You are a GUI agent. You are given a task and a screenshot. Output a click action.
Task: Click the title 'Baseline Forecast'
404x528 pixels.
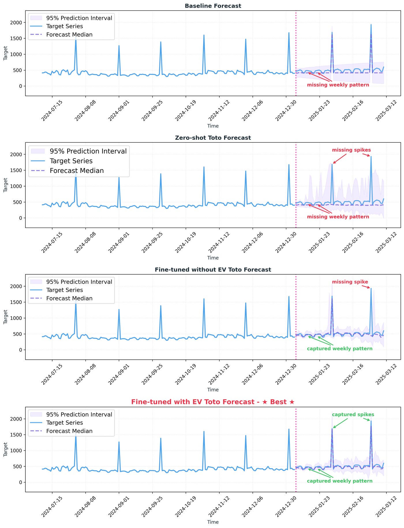point(213,6)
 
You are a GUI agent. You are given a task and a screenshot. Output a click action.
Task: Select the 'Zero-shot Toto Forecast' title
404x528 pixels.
point(213,138)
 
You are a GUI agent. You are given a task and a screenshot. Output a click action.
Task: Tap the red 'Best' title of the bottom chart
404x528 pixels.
point(213,402)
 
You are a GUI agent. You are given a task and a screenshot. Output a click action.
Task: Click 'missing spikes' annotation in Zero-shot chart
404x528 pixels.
point(351,150)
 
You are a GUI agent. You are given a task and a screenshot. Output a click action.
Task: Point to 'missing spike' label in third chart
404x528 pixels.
point(350,282)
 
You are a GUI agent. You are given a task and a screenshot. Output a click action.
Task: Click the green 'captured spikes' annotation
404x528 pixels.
point(353,414)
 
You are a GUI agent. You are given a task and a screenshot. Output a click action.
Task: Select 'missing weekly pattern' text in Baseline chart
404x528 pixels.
point(338,85)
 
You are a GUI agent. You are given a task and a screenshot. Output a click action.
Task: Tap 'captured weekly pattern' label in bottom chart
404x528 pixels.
point(340,481)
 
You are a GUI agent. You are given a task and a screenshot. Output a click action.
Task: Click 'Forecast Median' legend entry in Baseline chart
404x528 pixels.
point(69,35)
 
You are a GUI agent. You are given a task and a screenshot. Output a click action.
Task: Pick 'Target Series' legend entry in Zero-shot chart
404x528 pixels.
point(71,161)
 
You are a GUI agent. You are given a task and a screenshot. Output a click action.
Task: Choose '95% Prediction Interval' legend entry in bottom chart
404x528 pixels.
point(79,414)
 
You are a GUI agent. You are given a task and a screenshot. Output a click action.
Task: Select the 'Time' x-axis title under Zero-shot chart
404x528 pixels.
point(213,258)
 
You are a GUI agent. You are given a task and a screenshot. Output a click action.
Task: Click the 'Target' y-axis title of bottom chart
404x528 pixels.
point(5,449)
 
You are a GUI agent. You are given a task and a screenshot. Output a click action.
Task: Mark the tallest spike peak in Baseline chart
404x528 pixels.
point(371,25)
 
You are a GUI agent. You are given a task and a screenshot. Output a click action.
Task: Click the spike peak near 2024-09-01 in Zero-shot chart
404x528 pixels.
point(119,178)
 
